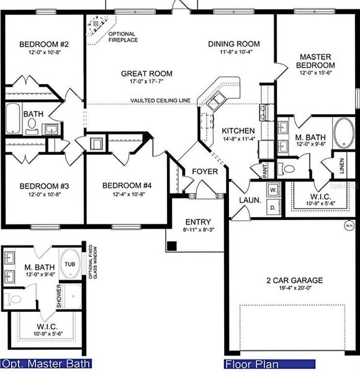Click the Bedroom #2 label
click(x=43, y=45)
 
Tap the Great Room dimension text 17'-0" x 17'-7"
click(x=146, y=83)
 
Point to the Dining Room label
click(x=233, y=44)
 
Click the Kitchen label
click(x=238, y=131)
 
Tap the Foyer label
click(x=204, y=172)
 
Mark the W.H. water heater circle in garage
click(x=349, y=226)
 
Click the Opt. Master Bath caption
click(x=47, y=364)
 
